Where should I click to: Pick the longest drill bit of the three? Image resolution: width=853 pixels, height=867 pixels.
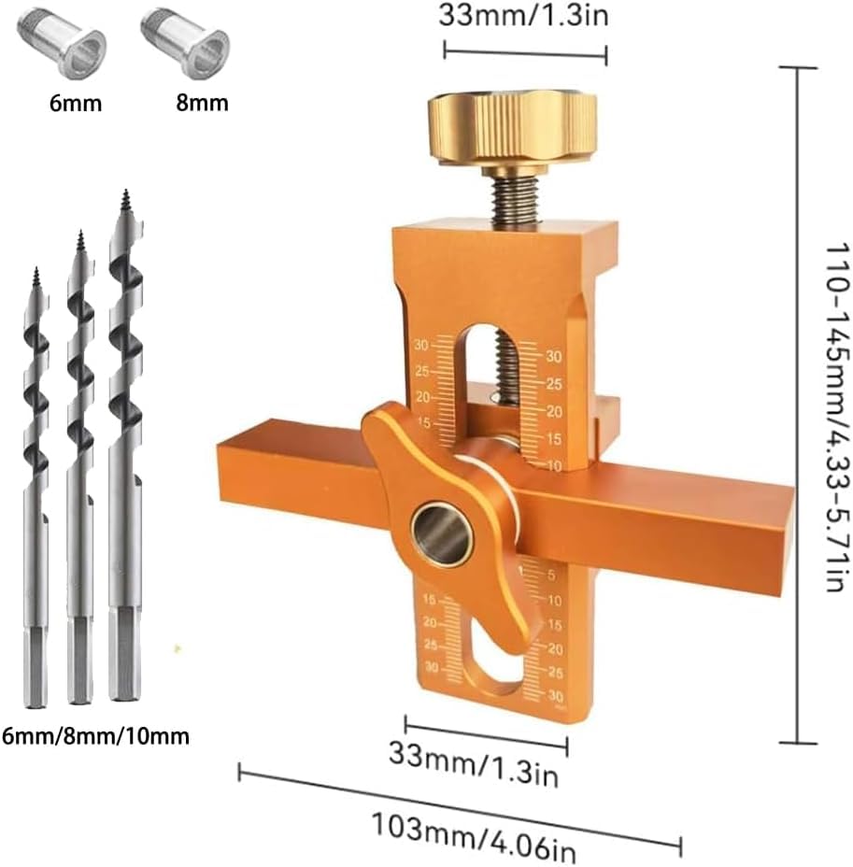[x=125, y=448]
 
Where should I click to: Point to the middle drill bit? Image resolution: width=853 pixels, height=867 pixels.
[x=80, y=467]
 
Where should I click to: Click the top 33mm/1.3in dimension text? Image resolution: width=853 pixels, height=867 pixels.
[x=524, y=16]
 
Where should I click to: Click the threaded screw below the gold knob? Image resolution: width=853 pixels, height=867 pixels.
[x=512, y=196]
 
